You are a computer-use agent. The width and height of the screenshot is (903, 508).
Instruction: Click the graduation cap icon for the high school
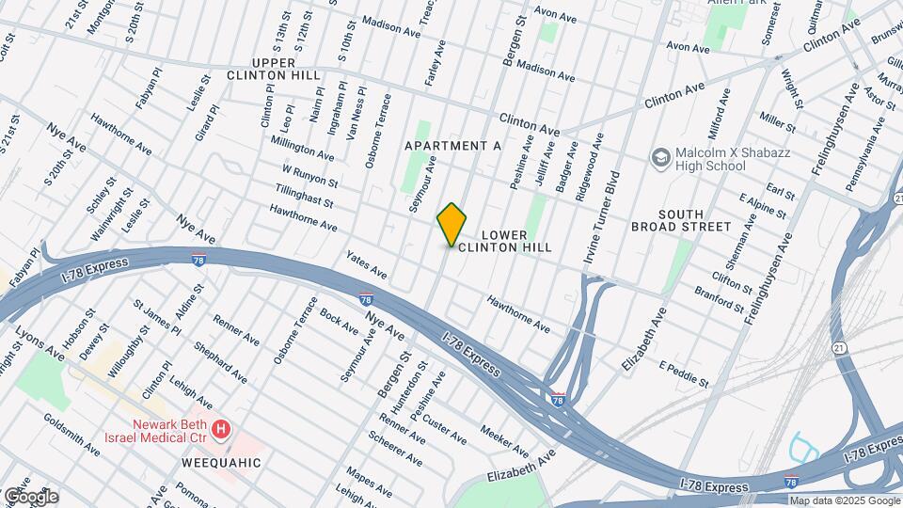click(x=660, y=157)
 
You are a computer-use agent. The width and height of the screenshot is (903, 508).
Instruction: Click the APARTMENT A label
click(x=451, y=147)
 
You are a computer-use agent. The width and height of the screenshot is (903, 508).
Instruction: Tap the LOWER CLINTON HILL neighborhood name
click(x=515, y=240)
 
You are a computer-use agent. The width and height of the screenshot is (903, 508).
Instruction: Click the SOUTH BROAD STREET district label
click(x=681, y=219)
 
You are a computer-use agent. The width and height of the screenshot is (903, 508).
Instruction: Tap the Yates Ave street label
click(x=367, y=264)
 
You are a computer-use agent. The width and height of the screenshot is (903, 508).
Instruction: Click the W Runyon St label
click(x=309, y=175)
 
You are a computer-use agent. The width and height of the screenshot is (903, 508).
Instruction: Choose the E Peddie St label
click(x=683, y=373)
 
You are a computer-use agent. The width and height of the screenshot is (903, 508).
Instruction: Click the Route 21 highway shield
click(x=838, y=349)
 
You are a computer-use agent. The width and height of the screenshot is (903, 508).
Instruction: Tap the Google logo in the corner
click(x=31, y=496)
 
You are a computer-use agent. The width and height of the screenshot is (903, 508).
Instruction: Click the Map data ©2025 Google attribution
click(x=845, y=500)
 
